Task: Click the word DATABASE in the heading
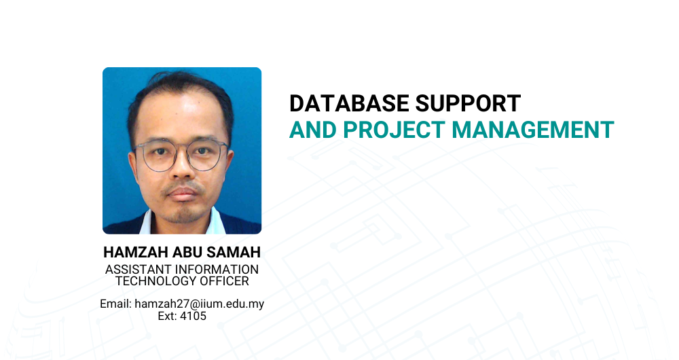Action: tap(349, 103)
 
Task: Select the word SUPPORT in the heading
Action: tap(468, 103)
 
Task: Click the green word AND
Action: tap(313, 130)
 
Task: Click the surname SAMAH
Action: tap(234, 252)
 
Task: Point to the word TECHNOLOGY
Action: tap(150, 281)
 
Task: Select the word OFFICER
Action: tap(218, 281)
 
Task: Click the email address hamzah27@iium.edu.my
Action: tap(200, 304)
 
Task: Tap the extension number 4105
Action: tap(193, 317)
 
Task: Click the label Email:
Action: tap(115, 304)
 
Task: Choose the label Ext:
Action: tap(167, 317)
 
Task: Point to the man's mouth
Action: tap(182, 194)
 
